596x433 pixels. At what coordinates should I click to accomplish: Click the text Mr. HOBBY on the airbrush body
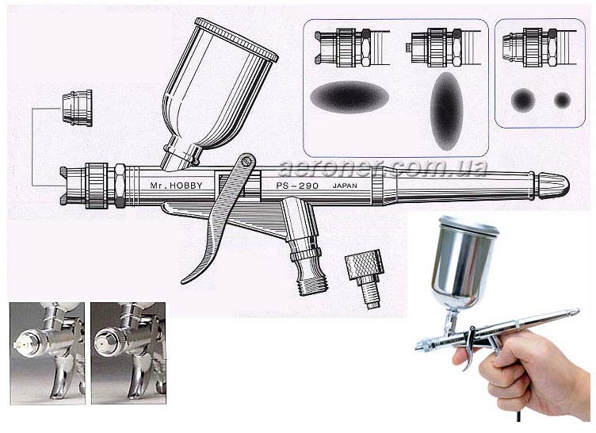tap(177, 186)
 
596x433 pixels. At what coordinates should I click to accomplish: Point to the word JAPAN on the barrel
tap(345, 186)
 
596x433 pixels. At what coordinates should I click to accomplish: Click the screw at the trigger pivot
tap(249, 160)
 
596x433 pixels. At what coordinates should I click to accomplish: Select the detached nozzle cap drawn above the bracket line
tap(78, 108)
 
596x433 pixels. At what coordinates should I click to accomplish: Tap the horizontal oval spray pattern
tap(350, 97)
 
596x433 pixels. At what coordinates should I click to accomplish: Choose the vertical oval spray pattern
tap(446, 111)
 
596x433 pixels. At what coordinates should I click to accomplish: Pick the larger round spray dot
tap(523, 100)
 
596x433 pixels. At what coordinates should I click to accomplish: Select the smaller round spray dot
tap(562, 100)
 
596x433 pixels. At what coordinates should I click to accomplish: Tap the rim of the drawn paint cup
tap(236, 39)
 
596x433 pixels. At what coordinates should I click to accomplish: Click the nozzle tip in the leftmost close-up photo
tap(18, 344)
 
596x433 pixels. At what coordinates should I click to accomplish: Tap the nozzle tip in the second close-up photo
tap(103, 342)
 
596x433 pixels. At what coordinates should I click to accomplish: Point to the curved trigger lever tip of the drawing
tap(185, 282)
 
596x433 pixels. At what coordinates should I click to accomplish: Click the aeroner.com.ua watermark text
tap(383, 168)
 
